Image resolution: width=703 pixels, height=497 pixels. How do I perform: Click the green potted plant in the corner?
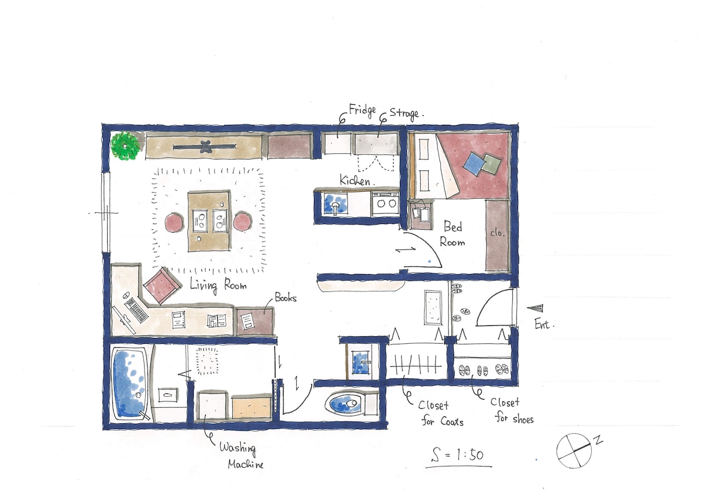coord(125,146)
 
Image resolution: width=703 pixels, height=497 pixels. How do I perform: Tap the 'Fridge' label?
coord(362,111)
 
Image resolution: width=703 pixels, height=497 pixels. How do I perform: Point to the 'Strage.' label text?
coord(406,113)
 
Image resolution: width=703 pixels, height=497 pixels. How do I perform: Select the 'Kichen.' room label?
coord(356,180)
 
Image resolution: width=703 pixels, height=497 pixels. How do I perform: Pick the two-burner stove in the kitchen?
coord(385,203)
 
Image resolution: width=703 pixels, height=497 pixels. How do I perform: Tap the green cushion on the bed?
coord(490,164)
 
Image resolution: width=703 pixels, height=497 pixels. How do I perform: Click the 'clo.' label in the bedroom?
coord(497,233)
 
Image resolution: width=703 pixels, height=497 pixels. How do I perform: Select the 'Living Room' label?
coord(218,285)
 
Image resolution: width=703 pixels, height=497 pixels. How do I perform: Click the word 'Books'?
coord(285,297)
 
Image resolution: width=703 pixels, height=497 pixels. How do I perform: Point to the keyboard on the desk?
coord(137,310)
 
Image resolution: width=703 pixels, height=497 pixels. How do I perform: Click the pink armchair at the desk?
coord(162,285)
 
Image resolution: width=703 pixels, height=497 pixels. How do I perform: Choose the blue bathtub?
coord(130,384)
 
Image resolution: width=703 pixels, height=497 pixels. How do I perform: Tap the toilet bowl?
coord(344,403)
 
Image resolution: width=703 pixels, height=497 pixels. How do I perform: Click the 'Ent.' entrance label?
coord(544,325)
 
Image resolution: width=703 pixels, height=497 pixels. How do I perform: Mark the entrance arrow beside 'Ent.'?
coord(535,308)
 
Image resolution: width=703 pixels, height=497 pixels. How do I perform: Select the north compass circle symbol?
coord(574,451)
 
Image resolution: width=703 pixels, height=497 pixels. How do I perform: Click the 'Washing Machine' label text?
coord(241,456)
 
